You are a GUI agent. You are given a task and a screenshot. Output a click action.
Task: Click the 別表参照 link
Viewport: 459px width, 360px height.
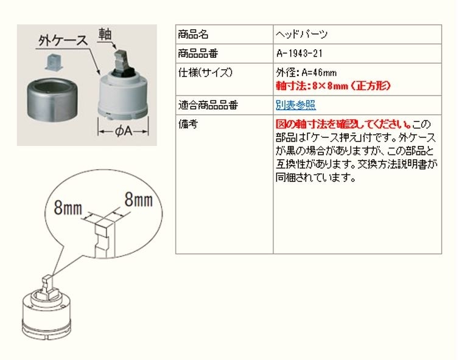[296, 105]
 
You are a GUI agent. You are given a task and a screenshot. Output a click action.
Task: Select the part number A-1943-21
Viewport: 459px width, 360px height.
[299, 54]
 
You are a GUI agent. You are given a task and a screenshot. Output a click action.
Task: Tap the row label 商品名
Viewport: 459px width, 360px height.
[193, 35]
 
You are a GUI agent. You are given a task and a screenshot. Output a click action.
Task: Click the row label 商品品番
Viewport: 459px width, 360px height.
[198, 54]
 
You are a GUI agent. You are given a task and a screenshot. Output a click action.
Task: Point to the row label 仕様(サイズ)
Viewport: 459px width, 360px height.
[205, 72]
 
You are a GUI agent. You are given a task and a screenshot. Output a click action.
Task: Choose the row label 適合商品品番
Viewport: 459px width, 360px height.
[208, 105]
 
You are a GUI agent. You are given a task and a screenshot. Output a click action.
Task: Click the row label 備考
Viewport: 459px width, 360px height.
[187, 124]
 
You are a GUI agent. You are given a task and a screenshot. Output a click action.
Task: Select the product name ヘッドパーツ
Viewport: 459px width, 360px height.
[301, 35]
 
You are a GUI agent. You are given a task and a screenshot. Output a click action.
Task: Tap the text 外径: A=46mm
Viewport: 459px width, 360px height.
[306, 72]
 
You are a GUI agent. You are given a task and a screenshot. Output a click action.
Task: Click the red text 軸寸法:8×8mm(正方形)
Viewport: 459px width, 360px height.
[334, 86]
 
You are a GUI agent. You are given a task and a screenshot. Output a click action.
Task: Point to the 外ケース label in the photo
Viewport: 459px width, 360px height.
[63, 41]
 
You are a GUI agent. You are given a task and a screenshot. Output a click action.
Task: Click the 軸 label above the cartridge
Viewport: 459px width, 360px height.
[105, 34]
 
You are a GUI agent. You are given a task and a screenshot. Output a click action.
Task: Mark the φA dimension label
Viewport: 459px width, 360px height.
[123, 131]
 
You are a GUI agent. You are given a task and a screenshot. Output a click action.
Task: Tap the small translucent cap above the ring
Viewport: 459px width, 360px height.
[54, 62]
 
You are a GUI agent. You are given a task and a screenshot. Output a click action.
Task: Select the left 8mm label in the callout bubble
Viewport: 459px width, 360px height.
[68, 208]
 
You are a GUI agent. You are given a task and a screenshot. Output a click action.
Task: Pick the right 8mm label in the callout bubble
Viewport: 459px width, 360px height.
[139, 199]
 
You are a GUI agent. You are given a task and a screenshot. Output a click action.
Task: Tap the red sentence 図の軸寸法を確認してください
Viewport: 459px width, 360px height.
[344, 124]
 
